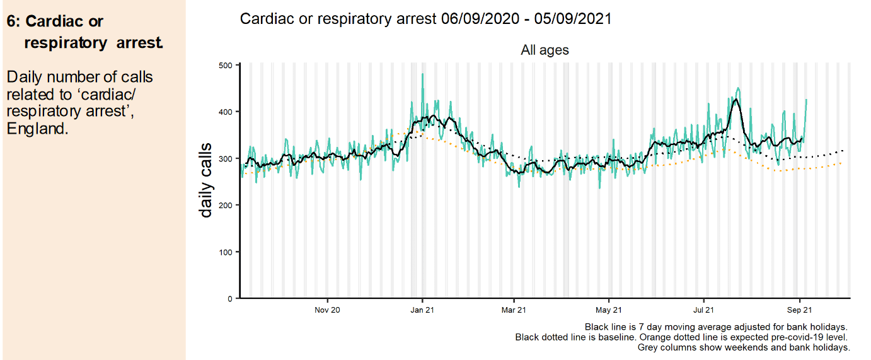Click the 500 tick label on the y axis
(226, 65)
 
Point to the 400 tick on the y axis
(226, 112)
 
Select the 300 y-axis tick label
(226, 158)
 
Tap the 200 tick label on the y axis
(226, 205)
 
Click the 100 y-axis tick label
(226, 252)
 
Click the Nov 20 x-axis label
(327, 310)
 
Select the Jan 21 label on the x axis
(422, 310)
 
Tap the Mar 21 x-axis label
(514, 310)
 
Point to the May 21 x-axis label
(609, 310)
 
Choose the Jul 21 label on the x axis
(703, 310)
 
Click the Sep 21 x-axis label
(799, 310)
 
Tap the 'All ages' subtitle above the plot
(545, 50)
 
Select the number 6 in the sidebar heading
(11, 21)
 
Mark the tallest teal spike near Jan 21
(422, 74)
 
